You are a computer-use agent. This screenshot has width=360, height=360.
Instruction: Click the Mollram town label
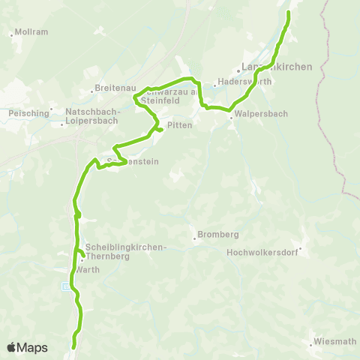point(32,32)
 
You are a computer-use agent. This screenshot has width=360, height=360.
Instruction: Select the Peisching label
point(27,112)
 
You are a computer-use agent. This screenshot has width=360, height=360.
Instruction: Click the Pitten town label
point(181,125)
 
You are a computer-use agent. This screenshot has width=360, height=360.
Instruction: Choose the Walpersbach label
point(261,113)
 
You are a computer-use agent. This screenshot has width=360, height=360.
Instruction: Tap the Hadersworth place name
point(238,82)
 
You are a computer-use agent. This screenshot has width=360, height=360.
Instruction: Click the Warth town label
point(86,269)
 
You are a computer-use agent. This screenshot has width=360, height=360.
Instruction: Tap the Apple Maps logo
point(27,347)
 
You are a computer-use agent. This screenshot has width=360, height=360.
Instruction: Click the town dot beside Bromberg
point(195,239)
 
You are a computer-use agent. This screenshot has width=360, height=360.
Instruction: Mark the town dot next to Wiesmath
point(311,346)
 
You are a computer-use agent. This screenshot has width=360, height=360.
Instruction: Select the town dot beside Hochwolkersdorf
point(300,249)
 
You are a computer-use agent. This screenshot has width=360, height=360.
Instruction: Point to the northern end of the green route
point(289,12)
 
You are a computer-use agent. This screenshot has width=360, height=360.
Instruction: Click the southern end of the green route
point(73,347)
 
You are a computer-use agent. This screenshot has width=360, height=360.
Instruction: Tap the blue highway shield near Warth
point(67,286)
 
